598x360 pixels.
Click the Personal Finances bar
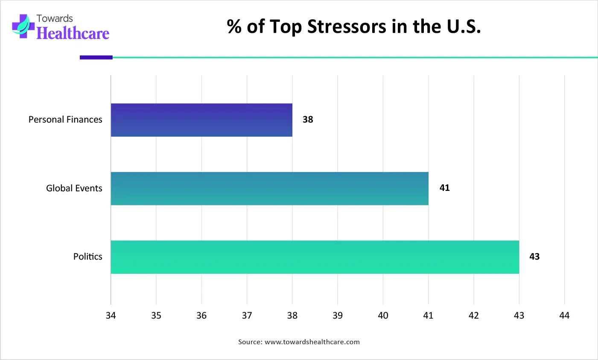click(201, 120)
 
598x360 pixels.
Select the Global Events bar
click(269, 188)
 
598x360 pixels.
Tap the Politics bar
click(315, 257)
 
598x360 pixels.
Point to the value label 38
click(308, 120)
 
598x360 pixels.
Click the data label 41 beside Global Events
click(444, 188)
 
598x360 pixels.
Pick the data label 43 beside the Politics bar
click(534, 257)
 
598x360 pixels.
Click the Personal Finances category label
click(65, 120)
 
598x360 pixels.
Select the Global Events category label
click(74, 188)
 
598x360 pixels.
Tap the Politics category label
click(88, 257)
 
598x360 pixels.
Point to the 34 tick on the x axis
click(111, 316)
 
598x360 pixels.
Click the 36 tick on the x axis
click(201, 316)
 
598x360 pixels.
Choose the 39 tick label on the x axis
click(338, 316)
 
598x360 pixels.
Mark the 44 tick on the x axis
click(564, 316)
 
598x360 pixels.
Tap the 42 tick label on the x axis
click(474, 316)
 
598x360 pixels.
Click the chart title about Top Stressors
click(354, 26)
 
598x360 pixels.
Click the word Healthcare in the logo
click(73, 33)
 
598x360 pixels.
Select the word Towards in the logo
click(55, 18)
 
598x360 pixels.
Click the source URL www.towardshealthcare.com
click(312, 342)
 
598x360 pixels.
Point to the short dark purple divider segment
click(96, 57)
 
